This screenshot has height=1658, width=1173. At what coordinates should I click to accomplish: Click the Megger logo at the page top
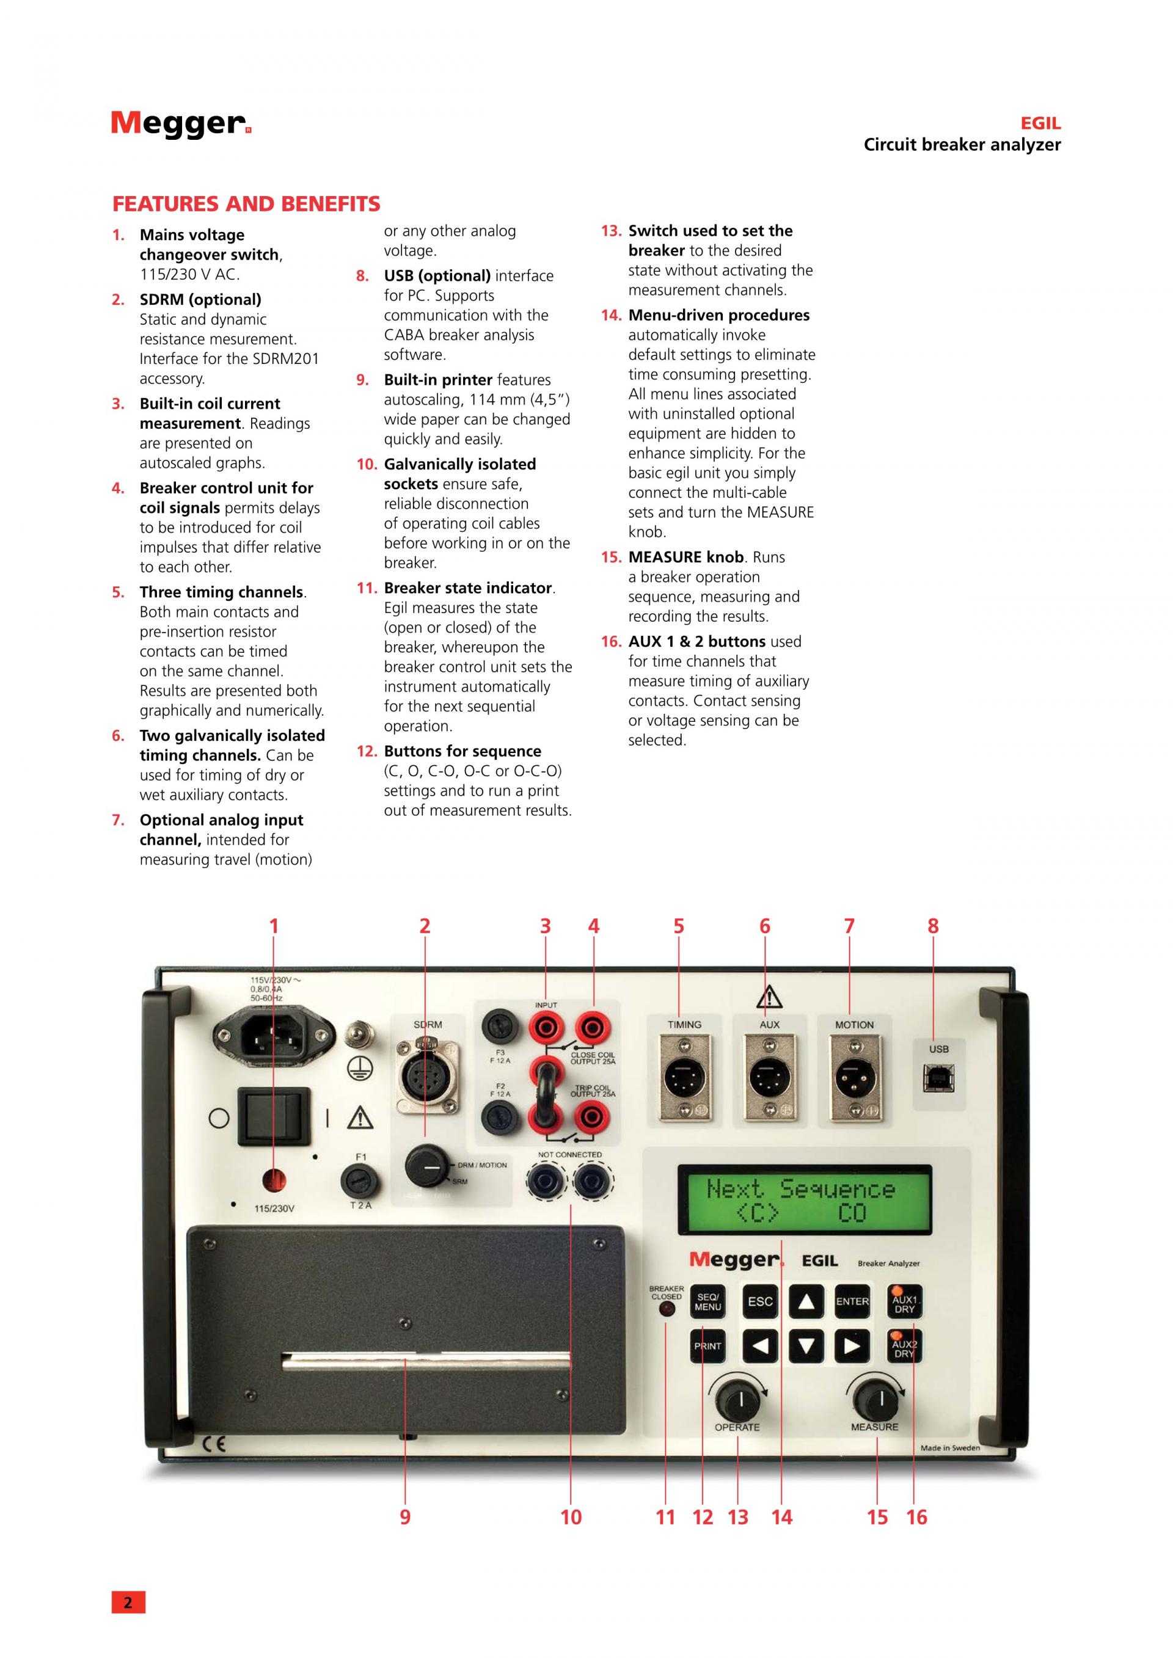coord(181,123)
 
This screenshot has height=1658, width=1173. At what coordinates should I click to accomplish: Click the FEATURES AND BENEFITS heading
coord(246,205)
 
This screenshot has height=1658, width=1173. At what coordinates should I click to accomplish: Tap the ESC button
coord(760,1301)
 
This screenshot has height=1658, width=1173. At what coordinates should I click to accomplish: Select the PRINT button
coord(708,1346)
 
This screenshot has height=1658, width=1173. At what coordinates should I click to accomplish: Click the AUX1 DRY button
coord(904,1303)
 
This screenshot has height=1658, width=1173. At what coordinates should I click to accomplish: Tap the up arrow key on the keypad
coord(806,1301)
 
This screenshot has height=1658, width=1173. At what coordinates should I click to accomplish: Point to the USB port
coord(938,1080)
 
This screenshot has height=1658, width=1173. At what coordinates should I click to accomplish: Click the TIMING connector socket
coord(684,1080)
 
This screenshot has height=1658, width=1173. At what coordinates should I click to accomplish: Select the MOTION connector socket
coord(853,1080)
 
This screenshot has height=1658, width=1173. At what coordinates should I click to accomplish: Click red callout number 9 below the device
coord(405,1517)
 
